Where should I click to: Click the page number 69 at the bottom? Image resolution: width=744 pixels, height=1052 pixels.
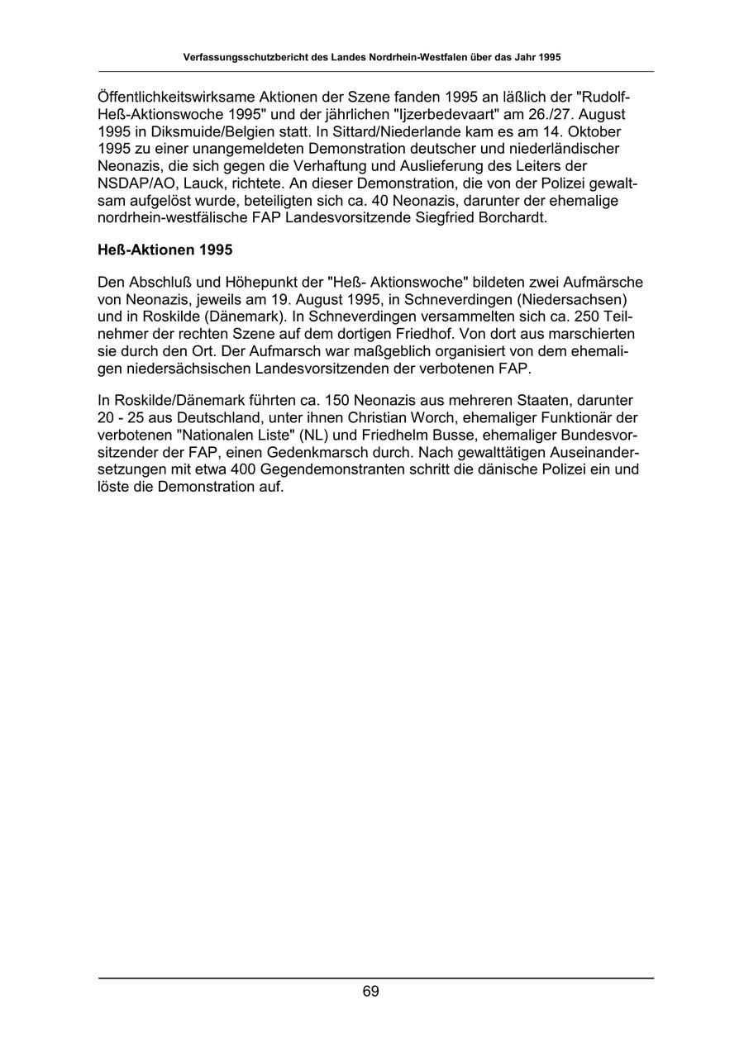[370, 992]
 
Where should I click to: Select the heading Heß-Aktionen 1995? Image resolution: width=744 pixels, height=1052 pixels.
[165, 249]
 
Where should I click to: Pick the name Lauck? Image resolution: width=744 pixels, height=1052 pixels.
[196, 183]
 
